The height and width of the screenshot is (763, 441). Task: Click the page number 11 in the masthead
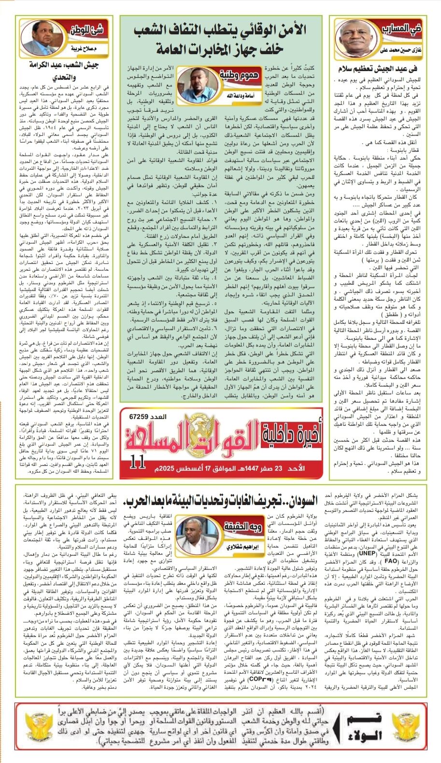pos(138,462)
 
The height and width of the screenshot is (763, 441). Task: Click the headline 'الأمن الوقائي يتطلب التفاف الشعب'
pos(220,30)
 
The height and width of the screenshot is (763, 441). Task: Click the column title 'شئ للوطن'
pos(87,30)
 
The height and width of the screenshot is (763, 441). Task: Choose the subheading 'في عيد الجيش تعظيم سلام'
pos(385,69)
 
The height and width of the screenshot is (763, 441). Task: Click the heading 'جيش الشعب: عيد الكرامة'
pos(63,65)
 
